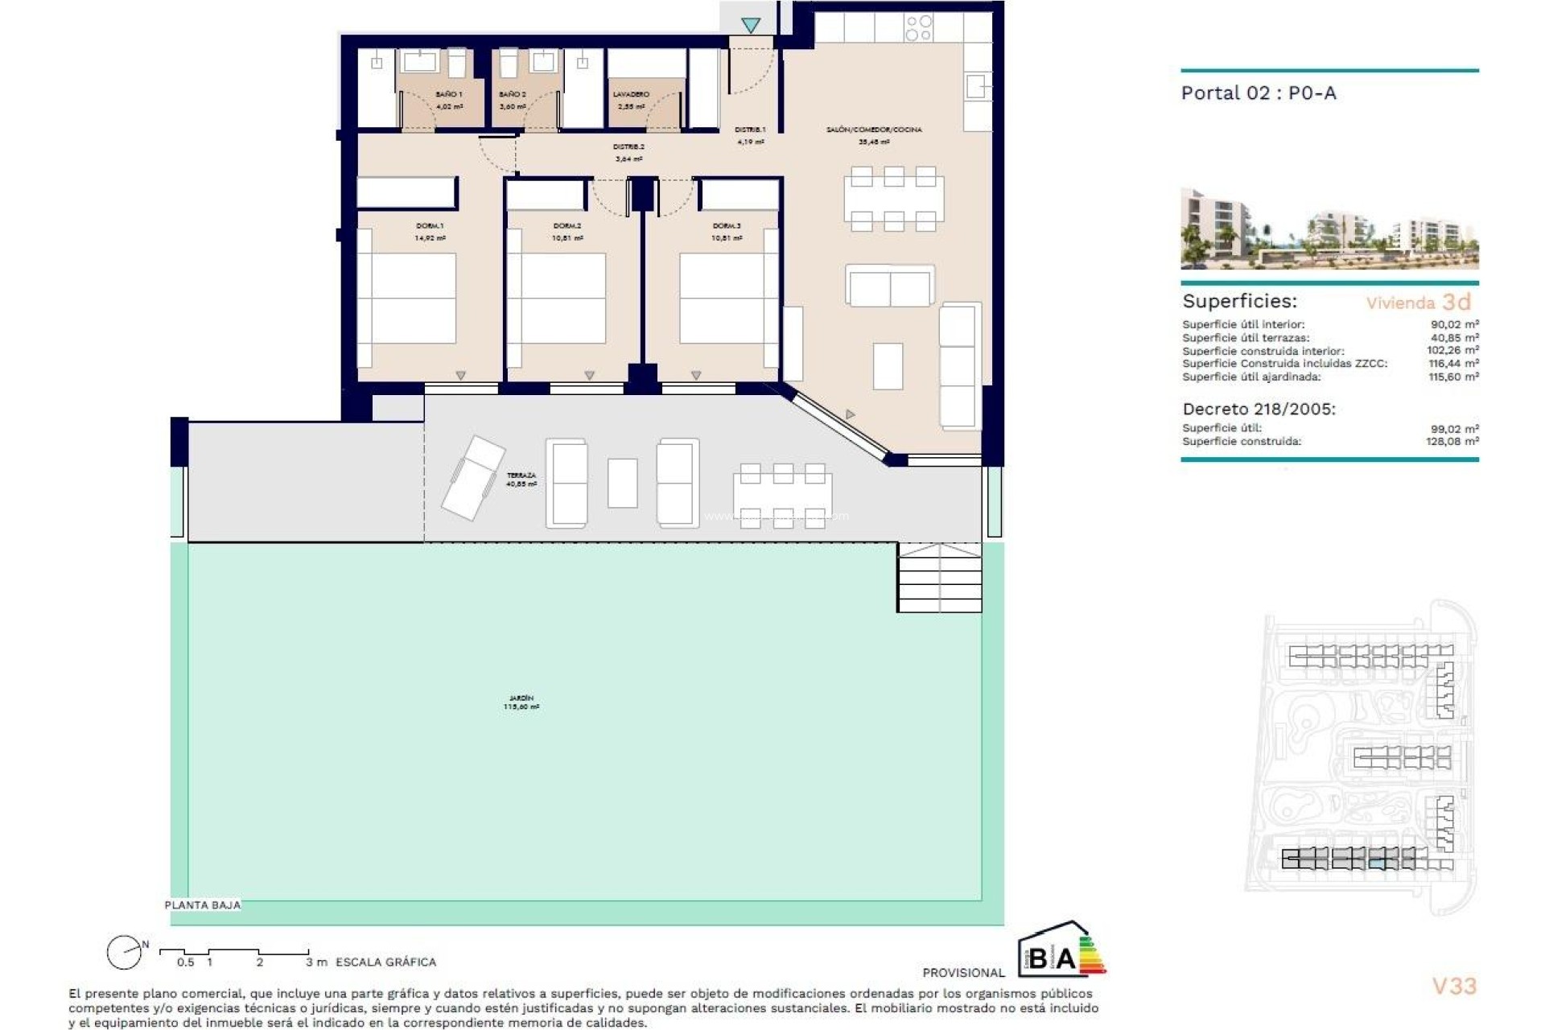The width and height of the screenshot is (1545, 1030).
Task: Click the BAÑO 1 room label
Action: (x=449, y=95)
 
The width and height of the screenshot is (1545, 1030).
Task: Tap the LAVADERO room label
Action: (x=631, y=95)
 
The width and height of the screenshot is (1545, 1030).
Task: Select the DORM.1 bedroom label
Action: (x=430, y=226)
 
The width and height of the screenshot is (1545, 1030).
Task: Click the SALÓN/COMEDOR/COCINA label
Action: (x=874, y=130)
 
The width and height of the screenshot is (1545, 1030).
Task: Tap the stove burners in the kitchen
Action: (x=918, y=28)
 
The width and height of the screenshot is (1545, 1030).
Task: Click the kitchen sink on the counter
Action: (x=976, y=86)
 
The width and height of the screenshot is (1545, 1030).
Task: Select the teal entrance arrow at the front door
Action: (x=751, y=26)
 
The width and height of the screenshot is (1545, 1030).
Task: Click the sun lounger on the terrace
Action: (x=472, y=477)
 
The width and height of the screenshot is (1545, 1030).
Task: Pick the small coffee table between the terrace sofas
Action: (x=622, y=483)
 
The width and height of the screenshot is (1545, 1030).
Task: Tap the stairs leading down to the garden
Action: (x=939, y=578)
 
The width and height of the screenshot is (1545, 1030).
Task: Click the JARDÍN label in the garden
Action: (x=521, y=698)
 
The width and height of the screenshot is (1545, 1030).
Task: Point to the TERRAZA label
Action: (x=521, y=476)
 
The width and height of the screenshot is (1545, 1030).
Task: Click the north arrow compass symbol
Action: (x=126, y=953)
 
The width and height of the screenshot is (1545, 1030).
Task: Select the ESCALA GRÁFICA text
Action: (x=385, y=962)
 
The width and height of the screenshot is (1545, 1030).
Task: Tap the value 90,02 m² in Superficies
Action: (x=1454, y=324)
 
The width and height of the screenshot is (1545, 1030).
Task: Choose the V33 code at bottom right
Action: (x=1454, y=986)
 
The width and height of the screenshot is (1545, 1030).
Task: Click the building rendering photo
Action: (x=1329, y=229)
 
